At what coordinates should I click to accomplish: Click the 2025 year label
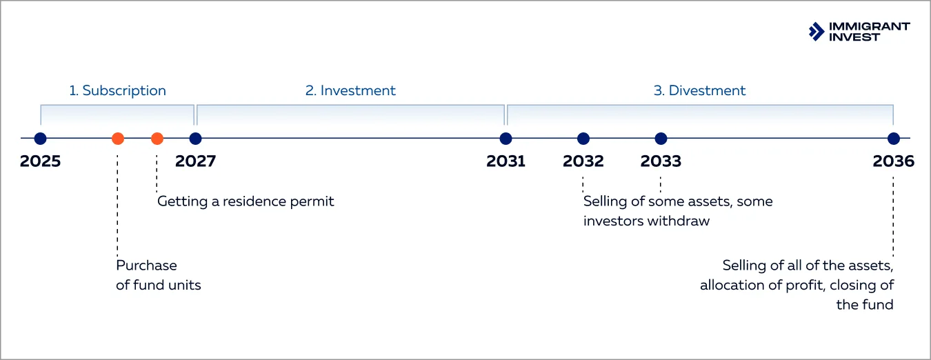[x=40, y=161]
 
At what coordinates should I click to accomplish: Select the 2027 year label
[x=195, y=161]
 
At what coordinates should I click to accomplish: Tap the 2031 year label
[x=505, y=161]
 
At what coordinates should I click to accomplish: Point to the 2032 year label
[x=583, y=161]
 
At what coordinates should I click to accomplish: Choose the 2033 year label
[x=661, y=161]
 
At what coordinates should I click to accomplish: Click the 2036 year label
[x=893, y=161]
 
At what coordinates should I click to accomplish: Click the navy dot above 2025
[x=40, y=139]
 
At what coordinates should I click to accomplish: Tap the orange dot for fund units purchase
[x=118, y=139]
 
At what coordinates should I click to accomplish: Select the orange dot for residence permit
[x=157, y=139]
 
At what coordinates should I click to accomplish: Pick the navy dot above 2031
[x=505, y=139]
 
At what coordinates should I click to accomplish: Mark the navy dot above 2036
[x=894, y=139]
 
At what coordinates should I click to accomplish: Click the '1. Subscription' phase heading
[x=117, y=90]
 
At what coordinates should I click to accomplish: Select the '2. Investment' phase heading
[x=350, y=90]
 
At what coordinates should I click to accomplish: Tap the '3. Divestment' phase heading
[x=699, y=90]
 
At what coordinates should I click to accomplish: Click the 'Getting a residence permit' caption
[x=246, y=201]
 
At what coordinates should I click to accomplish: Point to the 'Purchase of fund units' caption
[x=158, y=275]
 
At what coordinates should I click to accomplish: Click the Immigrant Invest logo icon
[x=817, y=31]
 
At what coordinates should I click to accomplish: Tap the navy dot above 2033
[x=661, y=139]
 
